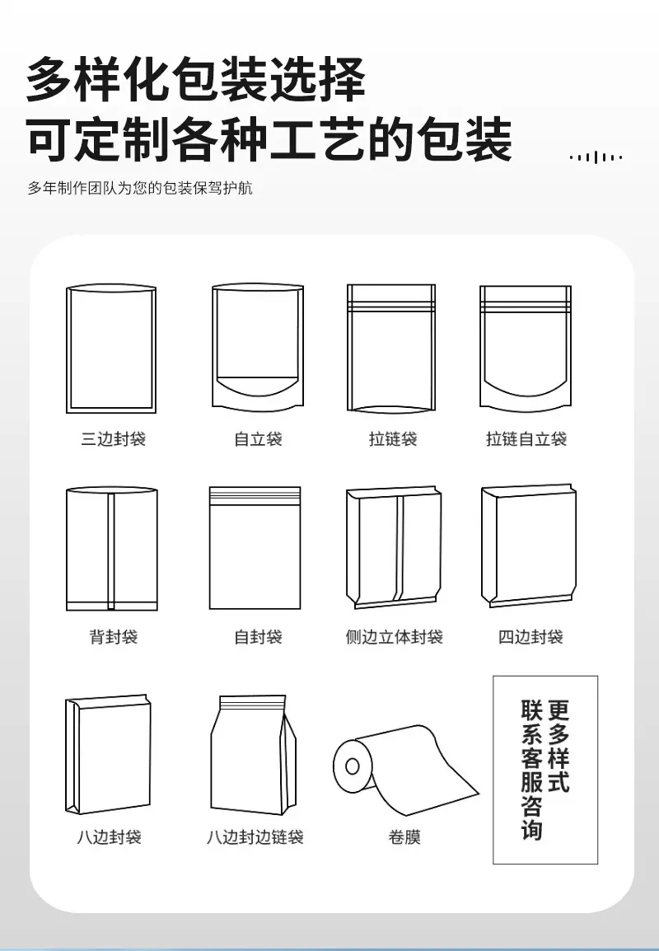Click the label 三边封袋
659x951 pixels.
114,438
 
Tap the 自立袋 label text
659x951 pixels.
259,438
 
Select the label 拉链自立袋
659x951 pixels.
526,438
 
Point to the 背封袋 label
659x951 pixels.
114,636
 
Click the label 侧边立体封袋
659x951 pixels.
394,636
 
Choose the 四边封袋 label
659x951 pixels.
530,636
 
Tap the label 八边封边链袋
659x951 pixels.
255,837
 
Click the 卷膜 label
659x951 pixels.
404,837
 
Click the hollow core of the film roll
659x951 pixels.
353,766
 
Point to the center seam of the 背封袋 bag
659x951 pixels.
111,550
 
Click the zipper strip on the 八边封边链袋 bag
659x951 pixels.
252,704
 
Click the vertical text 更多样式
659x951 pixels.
559,746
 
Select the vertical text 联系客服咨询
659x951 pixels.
531,770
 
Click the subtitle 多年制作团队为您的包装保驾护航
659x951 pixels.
140,188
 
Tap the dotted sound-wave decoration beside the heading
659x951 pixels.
596,157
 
